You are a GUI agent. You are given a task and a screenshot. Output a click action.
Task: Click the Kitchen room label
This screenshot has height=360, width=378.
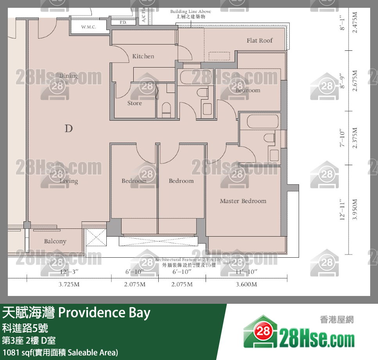tap(143, 56)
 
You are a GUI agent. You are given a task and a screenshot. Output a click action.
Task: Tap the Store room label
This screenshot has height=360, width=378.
tap(134, 103)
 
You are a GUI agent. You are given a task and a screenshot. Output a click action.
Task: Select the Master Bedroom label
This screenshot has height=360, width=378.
tap(243, 201)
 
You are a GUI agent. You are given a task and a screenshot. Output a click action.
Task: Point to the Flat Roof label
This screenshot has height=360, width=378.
tap(260, 41)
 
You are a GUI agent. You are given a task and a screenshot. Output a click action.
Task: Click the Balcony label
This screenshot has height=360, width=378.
tap(55, 241)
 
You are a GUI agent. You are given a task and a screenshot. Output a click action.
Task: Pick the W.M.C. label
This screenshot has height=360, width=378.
tap(89, 27)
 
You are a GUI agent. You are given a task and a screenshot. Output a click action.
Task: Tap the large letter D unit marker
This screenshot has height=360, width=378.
tap(69, 128)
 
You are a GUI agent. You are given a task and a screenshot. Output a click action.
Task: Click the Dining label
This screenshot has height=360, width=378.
tap(68, 76)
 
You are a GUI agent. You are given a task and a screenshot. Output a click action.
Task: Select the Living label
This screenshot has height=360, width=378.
tap(69, 181)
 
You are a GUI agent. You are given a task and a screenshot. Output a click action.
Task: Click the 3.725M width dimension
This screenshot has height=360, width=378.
tap(69, 285)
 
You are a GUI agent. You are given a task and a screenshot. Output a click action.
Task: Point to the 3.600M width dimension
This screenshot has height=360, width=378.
tap(247, 285)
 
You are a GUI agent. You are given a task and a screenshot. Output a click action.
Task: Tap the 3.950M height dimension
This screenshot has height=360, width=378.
tap(355, 210)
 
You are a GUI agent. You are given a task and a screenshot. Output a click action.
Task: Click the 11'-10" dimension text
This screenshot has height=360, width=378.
tap(247, 271)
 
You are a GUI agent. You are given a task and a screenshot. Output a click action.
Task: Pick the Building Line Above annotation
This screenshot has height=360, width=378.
tap(190, 12)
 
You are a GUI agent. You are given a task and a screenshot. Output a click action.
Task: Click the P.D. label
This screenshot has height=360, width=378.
tap(123, 23)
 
